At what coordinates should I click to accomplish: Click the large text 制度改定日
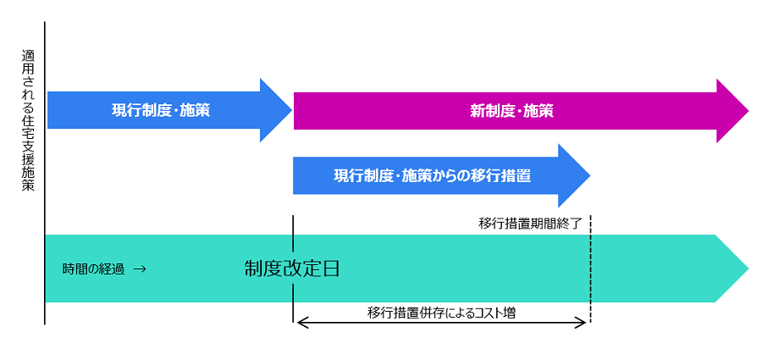292,269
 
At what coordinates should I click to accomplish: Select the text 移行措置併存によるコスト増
441,312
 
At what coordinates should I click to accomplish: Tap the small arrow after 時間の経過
139,269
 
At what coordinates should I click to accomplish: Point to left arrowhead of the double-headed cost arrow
299,323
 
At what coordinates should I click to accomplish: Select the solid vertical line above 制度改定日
293,233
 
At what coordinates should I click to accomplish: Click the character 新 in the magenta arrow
477,110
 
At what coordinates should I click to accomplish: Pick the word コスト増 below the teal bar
495,312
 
